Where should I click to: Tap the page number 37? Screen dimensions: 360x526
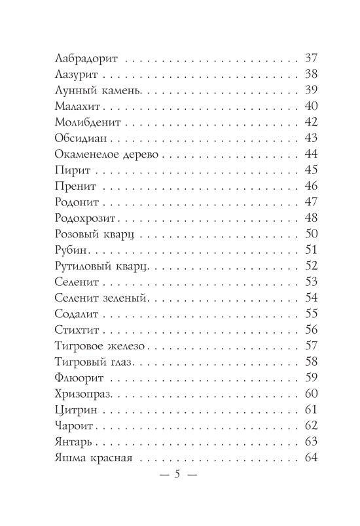pos(311,57)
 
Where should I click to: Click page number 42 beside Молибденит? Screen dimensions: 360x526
pos(311,122)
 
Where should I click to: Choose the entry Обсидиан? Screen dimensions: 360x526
pos(76,138)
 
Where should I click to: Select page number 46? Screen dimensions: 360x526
pos(311,186)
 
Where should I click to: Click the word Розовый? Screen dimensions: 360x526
pos(76,234)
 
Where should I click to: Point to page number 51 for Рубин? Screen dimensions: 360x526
pos(311,250)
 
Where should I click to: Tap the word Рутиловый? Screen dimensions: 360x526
pos(81,266)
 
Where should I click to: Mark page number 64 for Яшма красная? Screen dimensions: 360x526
pos(311,458)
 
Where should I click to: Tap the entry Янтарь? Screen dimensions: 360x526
pos(69,442)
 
